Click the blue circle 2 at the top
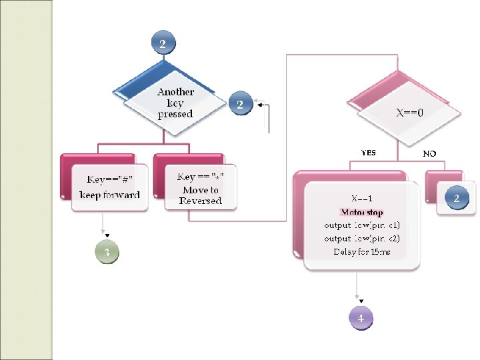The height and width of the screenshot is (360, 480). (x=163, y=43)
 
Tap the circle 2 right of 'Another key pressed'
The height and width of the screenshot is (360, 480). (x=239, y=104)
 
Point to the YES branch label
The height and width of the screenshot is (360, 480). (x=368, y=153)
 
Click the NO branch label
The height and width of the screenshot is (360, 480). (x=429, y=153)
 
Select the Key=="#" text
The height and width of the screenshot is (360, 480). (x=110, y=179)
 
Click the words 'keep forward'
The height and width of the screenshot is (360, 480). (x=109, y=195)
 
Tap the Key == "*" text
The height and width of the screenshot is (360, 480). (x=200, y=177)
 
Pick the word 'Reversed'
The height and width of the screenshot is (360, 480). (x=200, y=201)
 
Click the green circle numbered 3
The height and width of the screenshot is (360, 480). (x=107, y=253)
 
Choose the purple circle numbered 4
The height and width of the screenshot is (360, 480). (x=361, y=318)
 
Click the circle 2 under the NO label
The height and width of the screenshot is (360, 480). (x=457, y=199)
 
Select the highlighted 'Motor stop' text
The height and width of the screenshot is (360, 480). (x=361, y=213)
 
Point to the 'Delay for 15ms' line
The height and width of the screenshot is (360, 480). (x=361, y=251)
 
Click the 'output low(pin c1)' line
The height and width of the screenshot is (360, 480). (x=361, y=225)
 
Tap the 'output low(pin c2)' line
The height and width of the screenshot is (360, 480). (x=361, y=238)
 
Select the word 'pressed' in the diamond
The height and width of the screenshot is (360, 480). (x=175, y=114)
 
